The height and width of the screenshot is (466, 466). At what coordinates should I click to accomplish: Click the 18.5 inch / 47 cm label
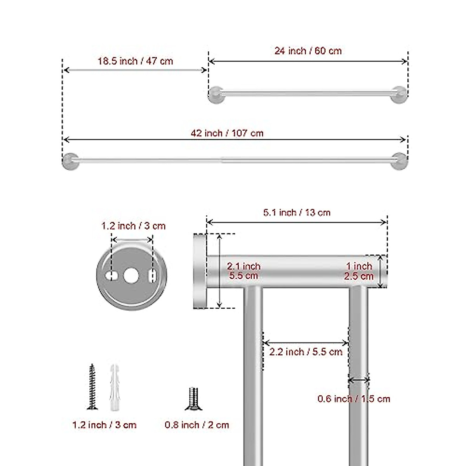(x=135, y=61)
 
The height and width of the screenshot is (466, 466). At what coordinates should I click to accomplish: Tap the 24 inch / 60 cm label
(x=308, y=51)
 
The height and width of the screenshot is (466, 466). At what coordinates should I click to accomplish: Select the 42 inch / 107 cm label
(x=227, y=133)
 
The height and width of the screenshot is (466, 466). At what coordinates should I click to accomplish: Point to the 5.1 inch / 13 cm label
(x=297, y=212)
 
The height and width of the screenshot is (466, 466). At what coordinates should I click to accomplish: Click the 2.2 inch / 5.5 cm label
(x=306, y=352)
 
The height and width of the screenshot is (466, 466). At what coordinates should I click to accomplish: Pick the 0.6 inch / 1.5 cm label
(x=354, y=399)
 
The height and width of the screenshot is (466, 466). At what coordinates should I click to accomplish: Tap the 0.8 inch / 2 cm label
(x=197, y=425)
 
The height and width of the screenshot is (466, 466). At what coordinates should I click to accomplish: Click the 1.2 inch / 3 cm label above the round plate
(x=133, y=226)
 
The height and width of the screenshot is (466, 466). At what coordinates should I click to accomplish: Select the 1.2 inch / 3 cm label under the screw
(x=104, y=425)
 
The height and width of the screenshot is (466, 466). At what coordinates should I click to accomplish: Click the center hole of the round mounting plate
(x=131, y=275)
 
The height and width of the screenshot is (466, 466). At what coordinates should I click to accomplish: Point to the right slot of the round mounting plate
(x=153, y=275)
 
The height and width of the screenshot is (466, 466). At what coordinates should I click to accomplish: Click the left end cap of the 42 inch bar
(x=70, y=161)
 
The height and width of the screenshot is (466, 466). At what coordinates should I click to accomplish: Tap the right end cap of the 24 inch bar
(x=399, y=95)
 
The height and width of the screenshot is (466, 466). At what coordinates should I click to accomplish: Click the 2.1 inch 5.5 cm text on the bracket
(x=243, y=271)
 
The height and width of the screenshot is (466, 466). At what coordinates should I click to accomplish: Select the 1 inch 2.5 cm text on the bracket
(x=359, y=271)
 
